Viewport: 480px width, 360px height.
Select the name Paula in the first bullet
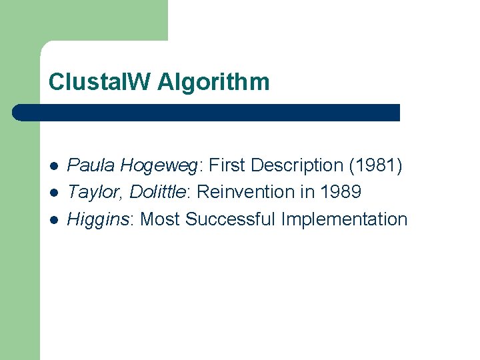pyautogui.click(x=92, y=165)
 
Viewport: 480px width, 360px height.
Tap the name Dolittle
pyautogui.click(x=157, y=192)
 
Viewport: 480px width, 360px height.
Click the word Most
pyautogui.click(x=161, y=219)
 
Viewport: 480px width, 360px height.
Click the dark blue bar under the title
pyautogui.click(x=207, y=113)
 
